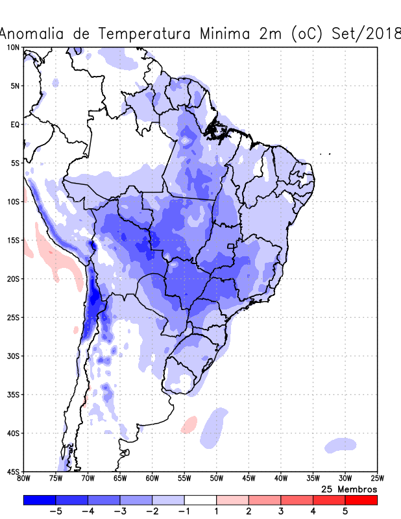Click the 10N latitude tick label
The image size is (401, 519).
(13, 47)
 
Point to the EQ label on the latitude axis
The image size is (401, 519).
(14, 125)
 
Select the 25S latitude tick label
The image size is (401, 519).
(13, 317)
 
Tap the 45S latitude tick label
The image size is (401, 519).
(13, 472)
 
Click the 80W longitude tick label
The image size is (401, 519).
(24, 479)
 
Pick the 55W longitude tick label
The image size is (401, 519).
(184, 479)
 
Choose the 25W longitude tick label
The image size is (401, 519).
(377, 479)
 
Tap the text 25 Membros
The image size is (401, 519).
(350, 489)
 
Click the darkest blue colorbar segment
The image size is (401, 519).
(39, 500)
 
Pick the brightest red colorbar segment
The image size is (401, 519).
(361, 500)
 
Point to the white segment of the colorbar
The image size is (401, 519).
(200, 500)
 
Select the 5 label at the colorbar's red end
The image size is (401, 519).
(345, 512)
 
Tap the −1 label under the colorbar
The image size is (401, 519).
(184, 512)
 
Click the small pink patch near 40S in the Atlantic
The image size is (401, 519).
(189, 425)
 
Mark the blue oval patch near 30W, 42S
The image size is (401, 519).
(341, 445)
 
